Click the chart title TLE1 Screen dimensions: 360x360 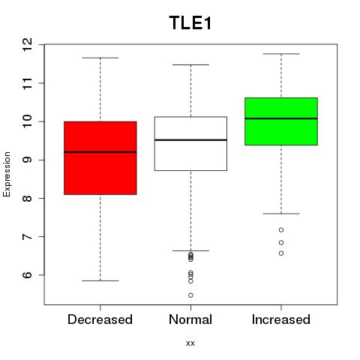pyautogui.click(x=190, y=22)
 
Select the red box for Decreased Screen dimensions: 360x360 pyautogui.click(x=100, y=158)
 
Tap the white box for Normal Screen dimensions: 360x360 pyautogui.click(x=190, y=143)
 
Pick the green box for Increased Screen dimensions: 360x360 pyautogui.click(x=281, y=121)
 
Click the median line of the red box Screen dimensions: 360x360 pyautogui.click(x=100, y=152)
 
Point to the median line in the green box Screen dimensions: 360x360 pyautogui.click(x=281, y=118)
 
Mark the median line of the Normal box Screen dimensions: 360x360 pyautogui.click(x=190, y=140)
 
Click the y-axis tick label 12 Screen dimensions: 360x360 pyautogui.click(x=28, y=44)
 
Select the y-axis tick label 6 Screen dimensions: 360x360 pyautogui.click(x=28, y=275)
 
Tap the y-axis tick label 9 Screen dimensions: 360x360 pyautogui.click(x=28, y=160)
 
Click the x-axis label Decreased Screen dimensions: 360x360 pyautogui.click(x=100, y=319)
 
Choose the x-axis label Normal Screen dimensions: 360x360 pyautogui.click(x=190, y=319)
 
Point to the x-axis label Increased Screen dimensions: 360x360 pyautogui.click(x=281, y=319)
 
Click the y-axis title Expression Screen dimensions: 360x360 pyautogui.click(x=7, y=174)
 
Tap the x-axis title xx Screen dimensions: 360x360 pyautogui.click(x=190, y=343)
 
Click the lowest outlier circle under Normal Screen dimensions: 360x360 pyautogui.click(x=190, y=295)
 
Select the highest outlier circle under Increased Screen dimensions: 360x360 pyautogui.click(x=281, y=229)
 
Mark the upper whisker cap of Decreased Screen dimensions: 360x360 pyautogui.click(x=100, y=58)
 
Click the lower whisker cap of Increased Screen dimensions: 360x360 pyautogui.click(x=281, y=214)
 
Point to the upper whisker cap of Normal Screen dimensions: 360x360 pyautogui.click(x=190, y=64)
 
